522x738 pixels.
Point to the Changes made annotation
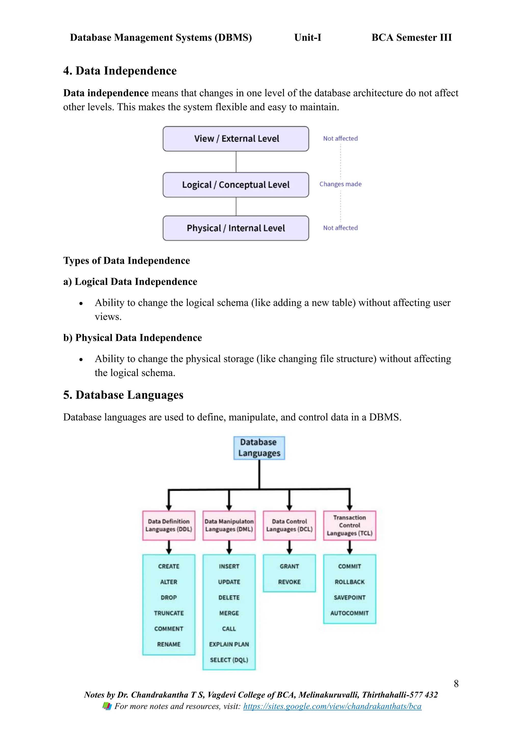pyautogui.click(x=340, y=184)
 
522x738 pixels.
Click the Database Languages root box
pyautogui.click(x=259, y=448)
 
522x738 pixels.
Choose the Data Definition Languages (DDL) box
pyautogui.click(x=169, y=525)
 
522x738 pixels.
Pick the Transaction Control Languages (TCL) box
pyautogui.click(x=349, y=525)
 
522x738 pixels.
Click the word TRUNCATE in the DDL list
pyautogui.click(x=169, y=613)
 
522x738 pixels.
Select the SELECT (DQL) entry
pyautogui.click(x=229, y=660)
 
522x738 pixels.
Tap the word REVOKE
pyautogui.click(x=289, y=582)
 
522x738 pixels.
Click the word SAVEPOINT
pyautogui.click(x=349, y=598)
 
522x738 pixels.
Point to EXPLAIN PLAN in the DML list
pyautogui.click(x=229, y=644)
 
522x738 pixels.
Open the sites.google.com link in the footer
pyautogui.click(x=332, y=706)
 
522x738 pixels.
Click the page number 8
pyautogui.click(x=456, y=684)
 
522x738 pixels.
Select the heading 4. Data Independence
pyautogui.click(x=120, y=71)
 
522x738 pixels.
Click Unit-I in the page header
pyautogui.click(x=308, y=38)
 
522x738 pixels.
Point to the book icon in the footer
pyautogui.click(x=107, y=706)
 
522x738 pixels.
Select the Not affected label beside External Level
pyautogui.click(x=340, y=139)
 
